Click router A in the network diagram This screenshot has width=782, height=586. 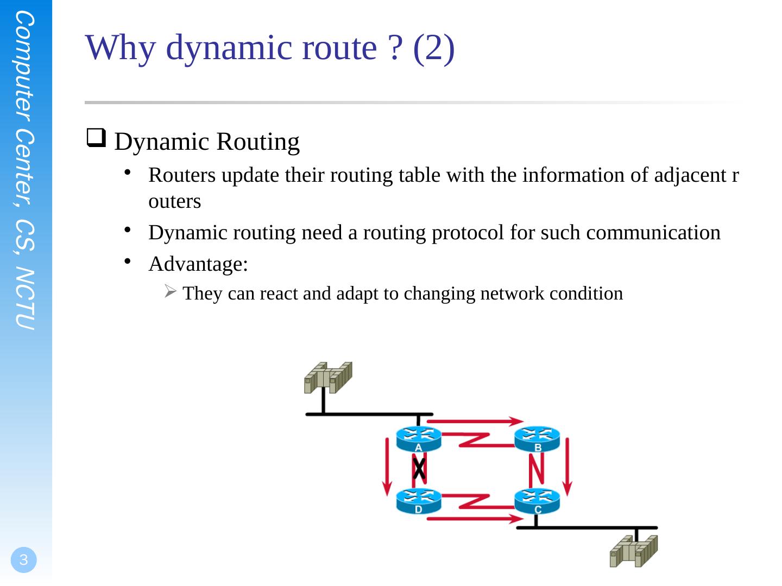click(418, 439)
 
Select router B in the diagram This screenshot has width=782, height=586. click(537, 439)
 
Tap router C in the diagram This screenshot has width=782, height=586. click(537, 501)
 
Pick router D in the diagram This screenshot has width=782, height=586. click(418, 501)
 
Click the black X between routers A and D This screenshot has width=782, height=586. click(419, 468)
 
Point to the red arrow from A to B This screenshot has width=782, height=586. click(478, 421)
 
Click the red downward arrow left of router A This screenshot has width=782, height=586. click(387, 467)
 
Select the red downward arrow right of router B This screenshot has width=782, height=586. click(567, 467)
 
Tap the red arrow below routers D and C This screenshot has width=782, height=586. click(475, 519)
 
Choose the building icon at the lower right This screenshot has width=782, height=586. click(633, 551)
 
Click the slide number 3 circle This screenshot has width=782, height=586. click(23, 560)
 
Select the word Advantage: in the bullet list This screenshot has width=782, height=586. click(198, 264)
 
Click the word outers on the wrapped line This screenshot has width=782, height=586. click(174, 201)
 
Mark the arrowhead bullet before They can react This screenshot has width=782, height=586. click(170, 292)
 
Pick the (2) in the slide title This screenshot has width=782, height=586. click(433, 48)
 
